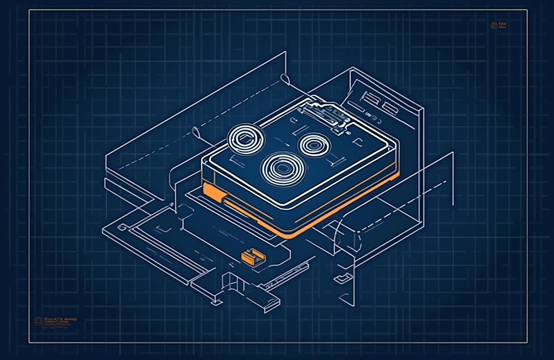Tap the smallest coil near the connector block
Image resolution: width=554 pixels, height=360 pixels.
pos(315,145)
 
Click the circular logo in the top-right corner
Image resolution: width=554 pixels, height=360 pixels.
pos(493,26)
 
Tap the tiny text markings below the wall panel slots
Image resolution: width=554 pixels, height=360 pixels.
pos(372,117)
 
